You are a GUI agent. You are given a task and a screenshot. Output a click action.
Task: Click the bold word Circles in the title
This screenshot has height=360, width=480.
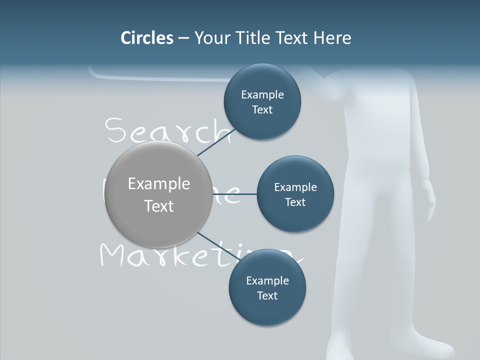[146, 38]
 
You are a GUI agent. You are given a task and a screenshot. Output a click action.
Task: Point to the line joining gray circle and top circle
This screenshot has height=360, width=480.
[216, 142]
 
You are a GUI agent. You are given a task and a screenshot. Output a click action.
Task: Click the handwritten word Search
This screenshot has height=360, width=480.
[167, 131]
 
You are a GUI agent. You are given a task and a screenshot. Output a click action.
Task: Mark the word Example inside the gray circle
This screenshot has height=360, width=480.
[159, 184]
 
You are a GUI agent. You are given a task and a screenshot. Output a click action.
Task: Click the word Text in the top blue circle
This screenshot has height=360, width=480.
[262, 110]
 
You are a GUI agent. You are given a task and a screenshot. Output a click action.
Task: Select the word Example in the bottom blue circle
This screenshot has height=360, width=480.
[267, 281]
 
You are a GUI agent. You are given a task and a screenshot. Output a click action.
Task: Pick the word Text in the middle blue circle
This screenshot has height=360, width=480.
[295, 202]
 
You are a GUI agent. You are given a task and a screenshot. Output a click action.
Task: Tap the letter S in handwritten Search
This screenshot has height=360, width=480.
[115, 131]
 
